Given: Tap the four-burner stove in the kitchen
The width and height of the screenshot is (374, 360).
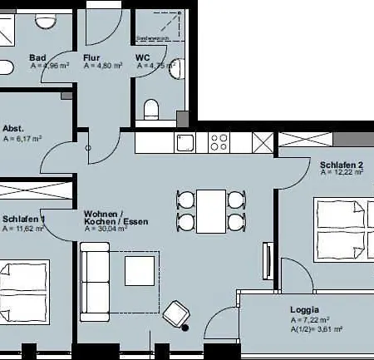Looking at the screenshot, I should [x=219, y=142].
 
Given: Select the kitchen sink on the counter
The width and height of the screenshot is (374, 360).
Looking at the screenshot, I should [x=185, y=142].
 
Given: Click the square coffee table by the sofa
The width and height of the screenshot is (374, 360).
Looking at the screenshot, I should [x=139, y=272].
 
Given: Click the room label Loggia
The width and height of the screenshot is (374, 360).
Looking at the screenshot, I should [x=304, y=308].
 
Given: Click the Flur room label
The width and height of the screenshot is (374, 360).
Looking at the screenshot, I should [x=91, y=58].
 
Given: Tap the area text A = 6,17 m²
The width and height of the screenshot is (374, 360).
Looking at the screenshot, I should [x=23, y=139].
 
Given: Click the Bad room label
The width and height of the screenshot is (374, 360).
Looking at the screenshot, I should [x=37, y=58].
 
